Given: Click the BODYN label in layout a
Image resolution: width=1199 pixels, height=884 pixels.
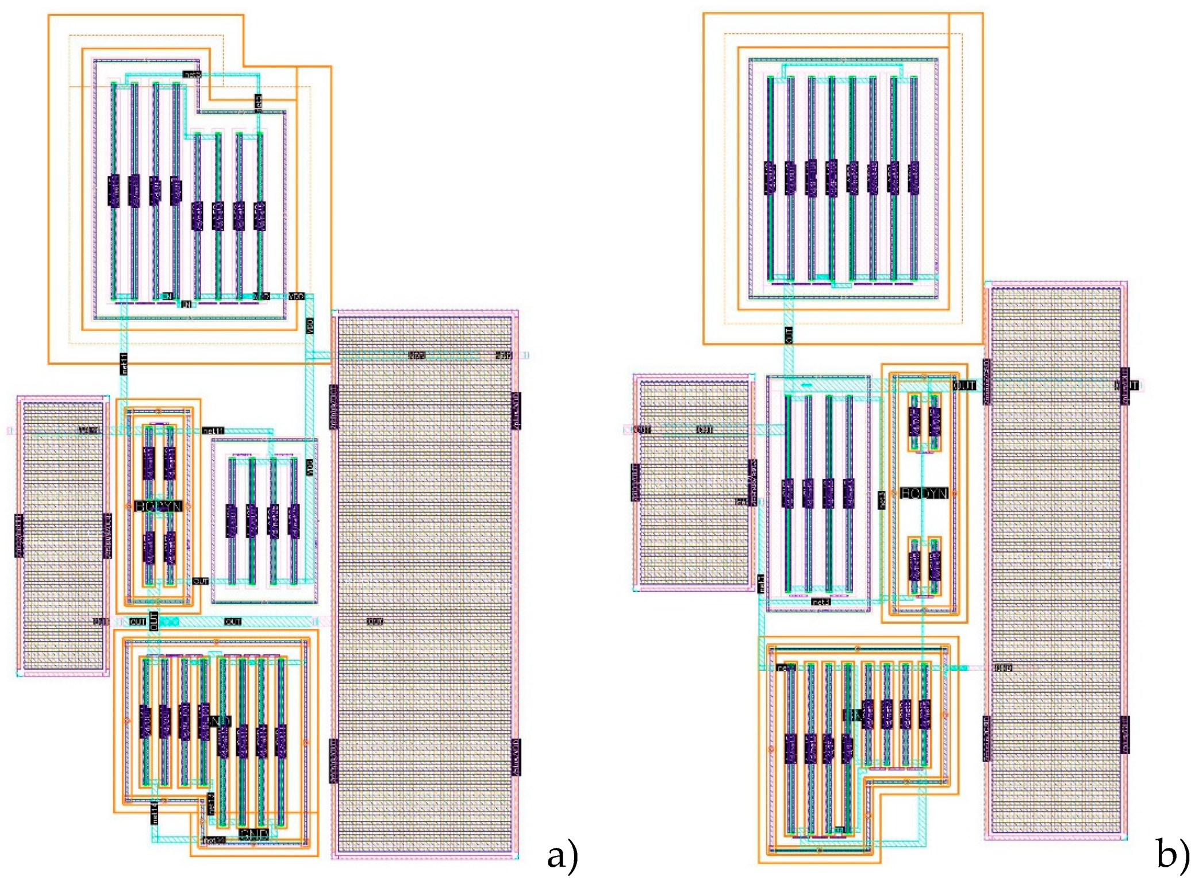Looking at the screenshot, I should (x=158, y=506).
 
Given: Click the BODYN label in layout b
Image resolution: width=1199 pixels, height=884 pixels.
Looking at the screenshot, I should (x=924, y=493).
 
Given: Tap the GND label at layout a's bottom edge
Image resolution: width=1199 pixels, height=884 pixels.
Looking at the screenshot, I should (x=253, y=833).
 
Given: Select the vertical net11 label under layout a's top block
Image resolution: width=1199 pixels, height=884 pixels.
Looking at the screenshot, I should (x=124, y=364).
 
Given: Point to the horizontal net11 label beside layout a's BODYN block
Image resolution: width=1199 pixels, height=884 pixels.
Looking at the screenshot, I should (x=213, y=431).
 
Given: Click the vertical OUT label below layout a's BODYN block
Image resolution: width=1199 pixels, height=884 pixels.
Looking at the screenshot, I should (x=153, y=621).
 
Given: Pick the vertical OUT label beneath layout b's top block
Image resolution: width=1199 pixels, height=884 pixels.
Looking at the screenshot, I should (x=789, y=335).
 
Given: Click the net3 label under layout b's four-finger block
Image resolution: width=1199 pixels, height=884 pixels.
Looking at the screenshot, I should (x=820, y=602).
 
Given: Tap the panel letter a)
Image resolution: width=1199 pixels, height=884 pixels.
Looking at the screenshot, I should (x=562, y=856).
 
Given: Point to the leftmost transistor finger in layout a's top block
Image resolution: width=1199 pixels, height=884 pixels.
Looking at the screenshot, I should (x=114, y=190).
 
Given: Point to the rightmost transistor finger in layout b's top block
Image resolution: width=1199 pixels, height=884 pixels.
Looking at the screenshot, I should (x=913, y=178).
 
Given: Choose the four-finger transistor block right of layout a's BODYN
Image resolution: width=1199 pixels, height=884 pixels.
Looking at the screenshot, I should (x=264, y=520).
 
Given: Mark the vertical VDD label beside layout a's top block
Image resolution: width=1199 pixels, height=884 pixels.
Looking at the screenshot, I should (x=310, y=326).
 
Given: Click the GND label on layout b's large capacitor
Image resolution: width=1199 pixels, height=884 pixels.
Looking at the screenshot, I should (x=1003, y=668).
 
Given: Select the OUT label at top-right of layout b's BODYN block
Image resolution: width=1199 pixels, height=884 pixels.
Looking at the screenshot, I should (x=964, y=385).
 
